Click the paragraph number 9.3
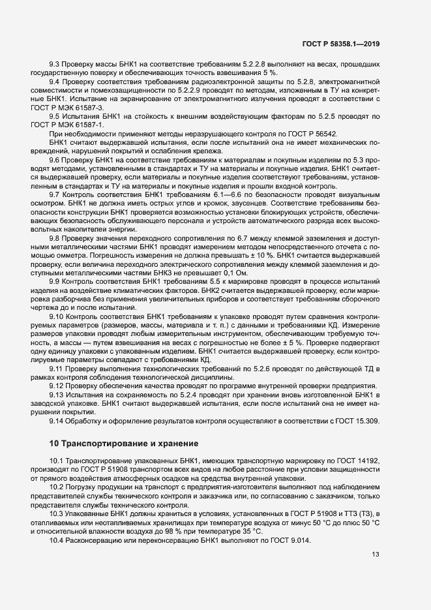point(56,64)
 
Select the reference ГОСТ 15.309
point(357,421)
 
